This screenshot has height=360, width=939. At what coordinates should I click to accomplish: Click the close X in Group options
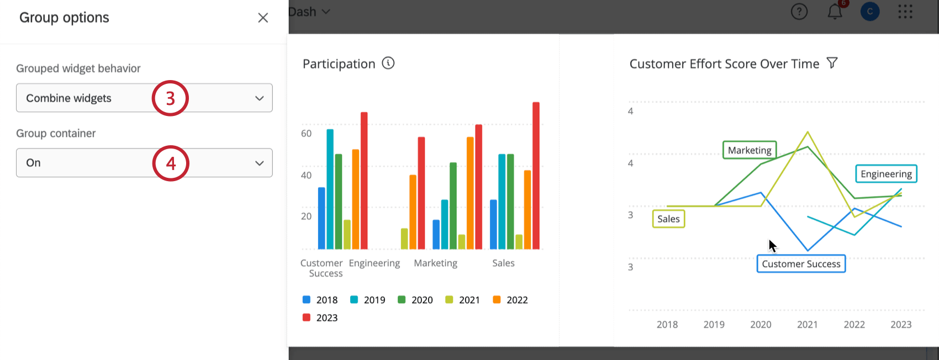pyautogui.click(x=263, y=18)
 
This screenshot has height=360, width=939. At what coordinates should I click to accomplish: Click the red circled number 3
pyautogui.click(x=171, y=98)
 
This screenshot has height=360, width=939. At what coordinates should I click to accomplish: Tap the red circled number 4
pyautogui.click(x=171, y=163)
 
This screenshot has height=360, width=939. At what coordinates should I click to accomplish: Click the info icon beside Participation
pyautogui.click(x=388, y=63)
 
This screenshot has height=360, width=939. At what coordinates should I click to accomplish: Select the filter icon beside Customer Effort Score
pyautogui.click(x=832, y=63)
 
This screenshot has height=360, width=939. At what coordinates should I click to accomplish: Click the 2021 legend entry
pyautogui.click(x=463, y=300)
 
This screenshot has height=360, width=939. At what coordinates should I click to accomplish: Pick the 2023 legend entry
pyautogui.click(x=320, y=317)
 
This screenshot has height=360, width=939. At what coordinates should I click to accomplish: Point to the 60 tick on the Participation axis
pyautogui.click(x=306, y=134)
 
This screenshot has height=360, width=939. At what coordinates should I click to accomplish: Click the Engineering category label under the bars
pyautogui.click(x=374, y=263)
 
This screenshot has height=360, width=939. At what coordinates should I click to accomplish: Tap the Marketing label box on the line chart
pyautogui.click(x=750, y=150)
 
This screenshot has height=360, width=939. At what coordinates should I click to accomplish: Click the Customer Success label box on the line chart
pyautogui.click(x=801, y=264)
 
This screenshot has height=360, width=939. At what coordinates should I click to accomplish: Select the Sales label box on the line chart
pyautogui.click(x=668, y=219)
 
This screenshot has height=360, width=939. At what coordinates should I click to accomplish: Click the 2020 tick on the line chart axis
pyautogui.click(x=761, y=325)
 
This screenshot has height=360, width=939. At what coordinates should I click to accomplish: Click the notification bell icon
pyautogui.click(x=835, y=12)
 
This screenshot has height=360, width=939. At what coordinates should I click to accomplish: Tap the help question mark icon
pyautogui.click(x=799, y=12)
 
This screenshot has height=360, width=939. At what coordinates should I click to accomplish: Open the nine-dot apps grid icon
pyautogui.click(x=905, y=12)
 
